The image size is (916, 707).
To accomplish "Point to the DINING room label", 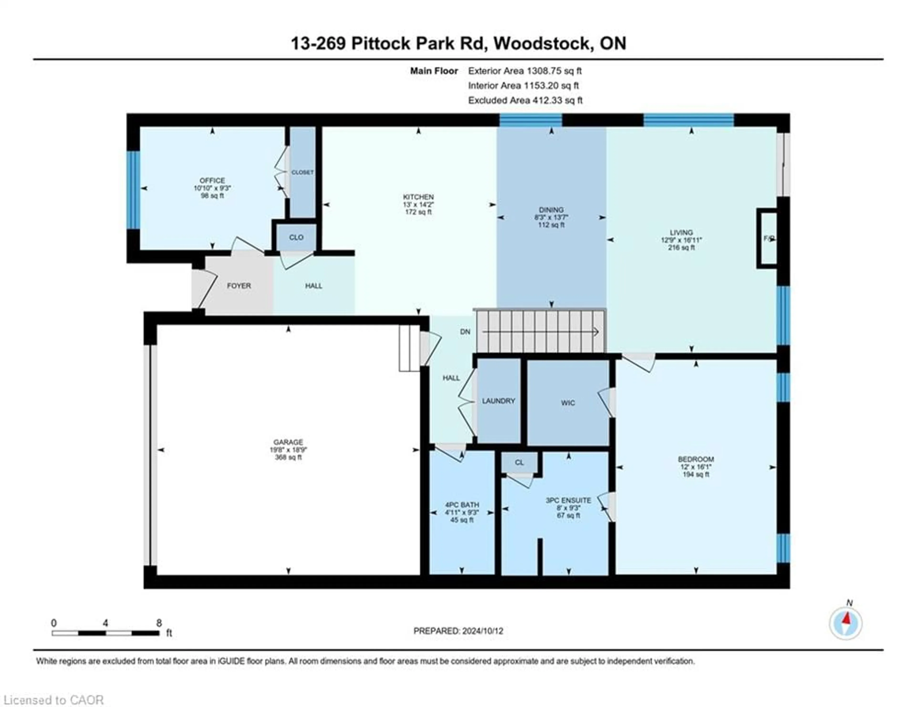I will pos(551,210).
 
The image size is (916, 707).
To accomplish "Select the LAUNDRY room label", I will pos(498,401).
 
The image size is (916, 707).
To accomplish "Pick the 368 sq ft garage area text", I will pos(288,457).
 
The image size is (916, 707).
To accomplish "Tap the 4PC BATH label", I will pos(462,505).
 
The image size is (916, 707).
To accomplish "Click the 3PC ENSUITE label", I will pos(568,500).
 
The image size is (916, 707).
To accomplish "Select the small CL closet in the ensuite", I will pos(519,463).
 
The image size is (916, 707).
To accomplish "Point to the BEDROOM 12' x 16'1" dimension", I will pos(696,467).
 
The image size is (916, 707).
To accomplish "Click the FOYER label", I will pos(239,286).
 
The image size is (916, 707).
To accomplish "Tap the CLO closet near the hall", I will pos(296,237).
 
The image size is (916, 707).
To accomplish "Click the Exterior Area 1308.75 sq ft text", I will pos(525,71).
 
